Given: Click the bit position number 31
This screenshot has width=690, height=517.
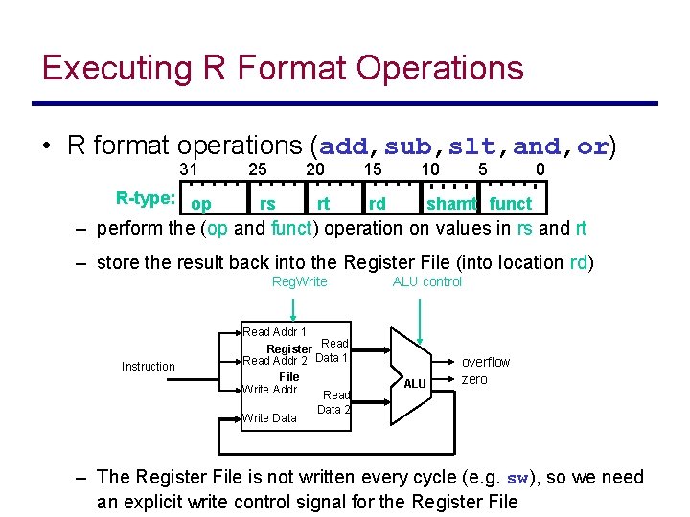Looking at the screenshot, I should pos(190,169).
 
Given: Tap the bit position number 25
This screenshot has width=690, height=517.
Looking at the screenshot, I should pos(257,169).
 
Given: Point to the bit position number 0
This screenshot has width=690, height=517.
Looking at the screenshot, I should pos(540,169).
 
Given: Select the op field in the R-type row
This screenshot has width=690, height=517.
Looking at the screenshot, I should pos(201,204).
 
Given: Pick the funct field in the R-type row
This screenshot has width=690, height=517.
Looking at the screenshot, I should pos(510,203).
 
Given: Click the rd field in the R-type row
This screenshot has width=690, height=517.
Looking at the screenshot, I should pos(378,203).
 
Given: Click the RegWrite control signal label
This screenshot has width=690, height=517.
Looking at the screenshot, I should pos(300,281).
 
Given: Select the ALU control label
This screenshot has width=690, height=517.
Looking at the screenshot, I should pos(427,281).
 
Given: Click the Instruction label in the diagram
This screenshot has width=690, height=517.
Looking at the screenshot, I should pos(149,366).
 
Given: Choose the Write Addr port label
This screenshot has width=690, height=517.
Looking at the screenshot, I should pos(271,390).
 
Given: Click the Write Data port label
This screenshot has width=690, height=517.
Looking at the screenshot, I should pos(270,417).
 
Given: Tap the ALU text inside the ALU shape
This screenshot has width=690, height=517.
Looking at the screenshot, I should pos(415,384).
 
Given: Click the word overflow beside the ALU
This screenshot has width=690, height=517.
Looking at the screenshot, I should pos(486,362).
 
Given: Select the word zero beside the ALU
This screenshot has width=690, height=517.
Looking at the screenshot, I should pos(474,379).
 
